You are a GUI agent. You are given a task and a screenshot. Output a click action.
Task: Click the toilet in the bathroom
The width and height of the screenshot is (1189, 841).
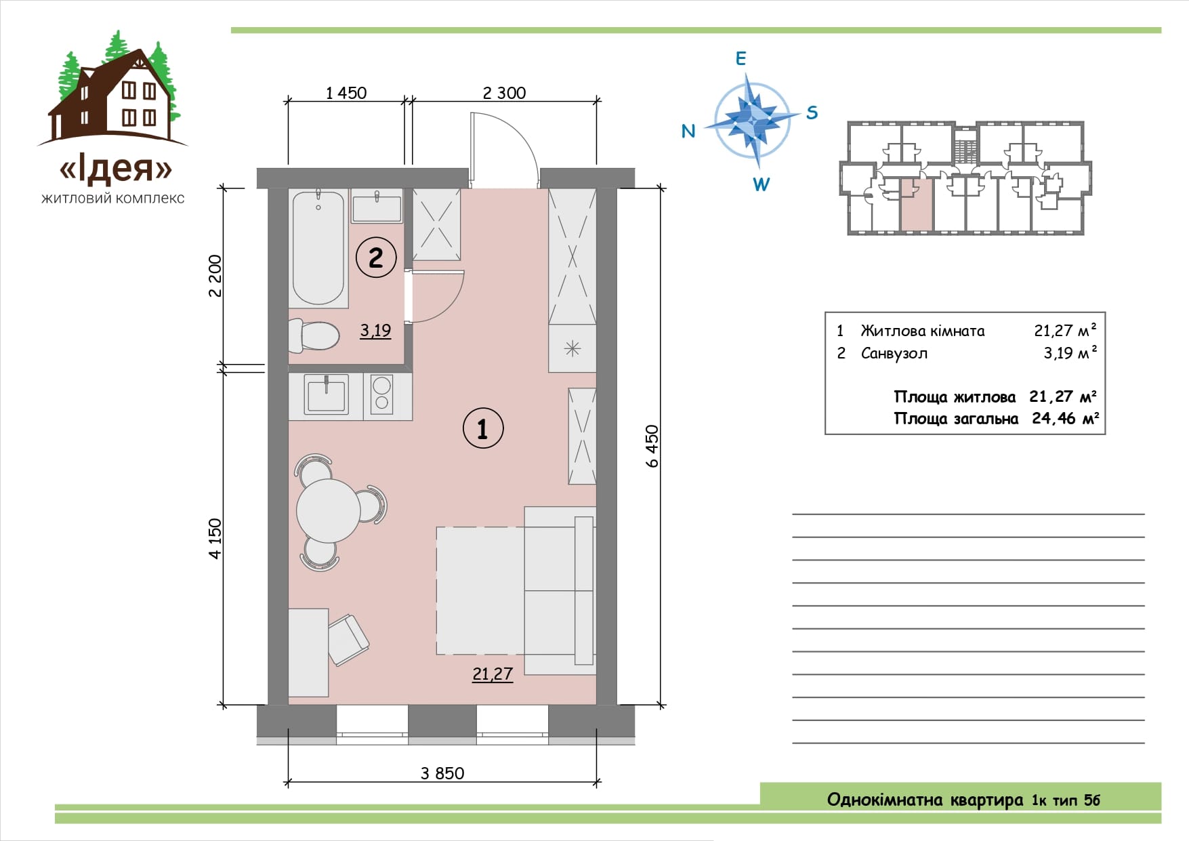[x=314, y=335]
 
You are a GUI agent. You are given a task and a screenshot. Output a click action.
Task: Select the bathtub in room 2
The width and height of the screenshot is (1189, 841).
[x=318, y=248]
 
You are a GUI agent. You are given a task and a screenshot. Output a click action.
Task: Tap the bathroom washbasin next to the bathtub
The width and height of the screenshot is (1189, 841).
[x=376, y=206]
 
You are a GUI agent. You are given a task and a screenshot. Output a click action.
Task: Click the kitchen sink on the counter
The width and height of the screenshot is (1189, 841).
[x=327, y=395]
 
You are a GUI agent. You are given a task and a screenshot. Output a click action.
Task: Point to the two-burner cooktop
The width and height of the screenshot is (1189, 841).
[x=381, y=395]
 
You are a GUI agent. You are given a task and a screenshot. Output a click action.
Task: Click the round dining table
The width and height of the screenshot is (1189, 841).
[x=329, y=510]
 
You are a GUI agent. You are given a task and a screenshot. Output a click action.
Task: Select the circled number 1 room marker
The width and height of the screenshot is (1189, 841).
[x=483, y=428]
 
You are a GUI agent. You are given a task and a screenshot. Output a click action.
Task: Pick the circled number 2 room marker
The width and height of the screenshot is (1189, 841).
[x=376, y=257]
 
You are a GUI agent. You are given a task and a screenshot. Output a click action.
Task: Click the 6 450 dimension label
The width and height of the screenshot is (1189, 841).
[x=652, y=446]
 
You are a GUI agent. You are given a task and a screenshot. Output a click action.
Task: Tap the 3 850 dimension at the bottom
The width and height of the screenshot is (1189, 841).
[x=442, y=773]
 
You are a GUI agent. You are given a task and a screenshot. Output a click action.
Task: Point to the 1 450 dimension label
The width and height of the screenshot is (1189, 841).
[x=346, y=93]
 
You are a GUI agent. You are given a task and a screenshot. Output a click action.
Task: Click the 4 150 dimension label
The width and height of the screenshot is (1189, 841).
[x=215, y=539]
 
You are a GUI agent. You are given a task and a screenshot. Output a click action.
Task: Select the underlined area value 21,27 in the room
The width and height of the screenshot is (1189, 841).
[x=493, y=674]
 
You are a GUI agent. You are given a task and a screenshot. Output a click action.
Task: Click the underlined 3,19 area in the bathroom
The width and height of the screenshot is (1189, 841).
[x=375, y=331]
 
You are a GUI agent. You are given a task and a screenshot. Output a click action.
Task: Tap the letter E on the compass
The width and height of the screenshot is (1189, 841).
[x=740, y=59]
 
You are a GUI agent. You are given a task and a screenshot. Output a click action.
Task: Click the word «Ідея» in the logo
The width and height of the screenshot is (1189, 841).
[x=116, y=169]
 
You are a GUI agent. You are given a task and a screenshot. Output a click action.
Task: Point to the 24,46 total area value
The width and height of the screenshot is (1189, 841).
[x=1054, y=419]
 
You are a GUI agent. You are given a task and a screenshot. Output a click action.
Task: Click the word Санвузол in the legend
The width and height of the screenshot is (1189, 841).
[x=894, y=354]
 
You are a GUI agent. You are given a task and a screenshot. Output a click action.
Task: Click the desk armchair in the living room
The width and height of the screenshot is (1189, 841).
[x=348, y=640]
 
